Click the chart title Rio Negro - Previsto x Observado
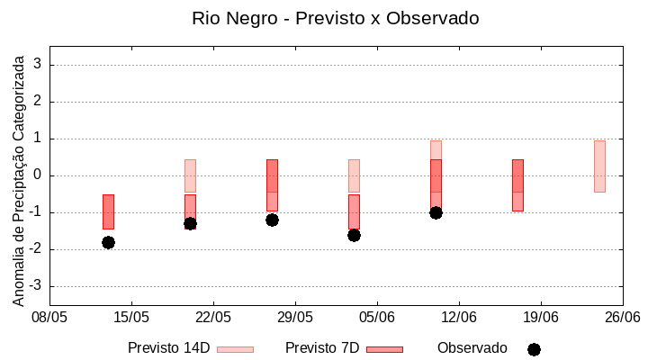pyautogui.click(x=336, y=18)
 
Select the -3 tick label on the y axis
pyautogui.click(x=35, y=286)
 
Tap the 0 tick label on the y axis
pyautogui.click(x=38, y=175)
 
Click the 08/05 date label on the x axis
pyautogui.click(x=49, y=317)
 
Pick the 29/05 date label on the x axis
pyautogui.click(x=295, y=317)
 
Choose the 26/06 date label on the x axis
pyautogui.click(x=622, y=317)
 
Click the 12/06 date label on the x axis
pyautogui.click(x=459, y=317)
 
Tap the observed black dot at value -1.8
pyautogui.click(x=108, y=242)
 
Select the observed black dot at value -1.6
pyautogui.click(x=354, y=235)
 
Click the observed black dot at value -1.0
pyautogui.click(x=436, y=212)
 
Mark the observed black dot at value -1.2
pyautogui.click(x=272, y=220)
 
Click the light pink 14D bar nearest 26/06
pyautogui.click(x=599, y=166)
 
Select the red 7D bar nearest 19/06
pyautogui.click(x=517, y=185)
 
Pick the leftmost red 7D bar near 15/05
pyautogui.click(x=108, y=211)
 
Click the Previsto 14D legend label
pyautogui.click(x=168, y=348)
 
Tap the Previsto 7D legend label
pyautogui.click(x=322, y=348)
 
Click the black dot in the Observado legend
pyautogui.click(x=534, y=349)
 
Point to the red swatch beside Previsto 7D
pyautogui.click(x=384, y=349)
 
